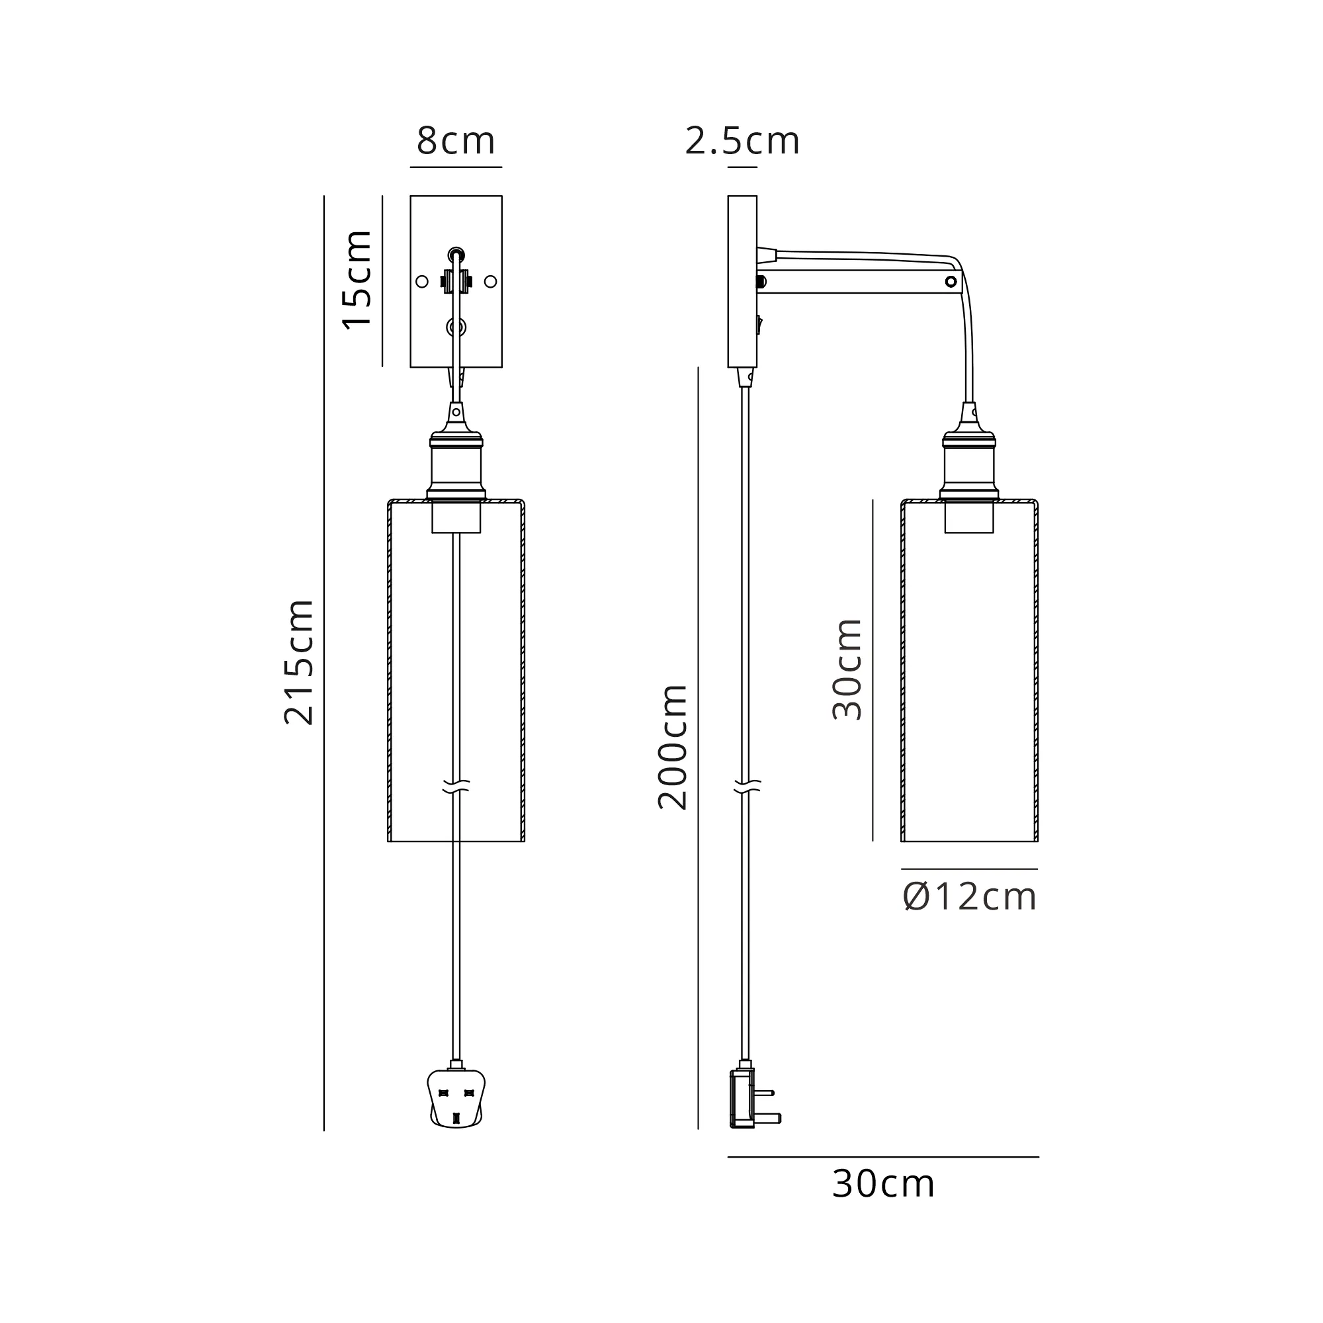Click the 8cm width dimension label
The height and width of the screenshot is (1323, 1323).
pyautogui.click(x=456, y=141)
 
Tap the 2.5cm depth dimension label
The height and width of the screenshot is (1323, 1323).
pyautogui.click(x=742, y=141)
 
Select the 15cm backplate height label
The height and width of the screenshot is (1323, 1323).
pyautogui.click(x=357, y=280)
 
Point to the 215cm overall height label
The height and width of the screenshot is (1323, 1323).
pyautogui.click(x=298, y=661)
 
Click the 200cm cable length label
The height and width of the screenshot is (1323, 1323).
pyautogui.click(x=673, y=747)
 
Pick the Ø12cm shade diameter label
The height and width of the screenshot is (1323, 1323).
pyautogui.click(x=970, y=897)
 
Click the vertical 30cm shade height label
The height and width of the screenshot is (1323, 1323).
pyautogui.click(x=847, y=669)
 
